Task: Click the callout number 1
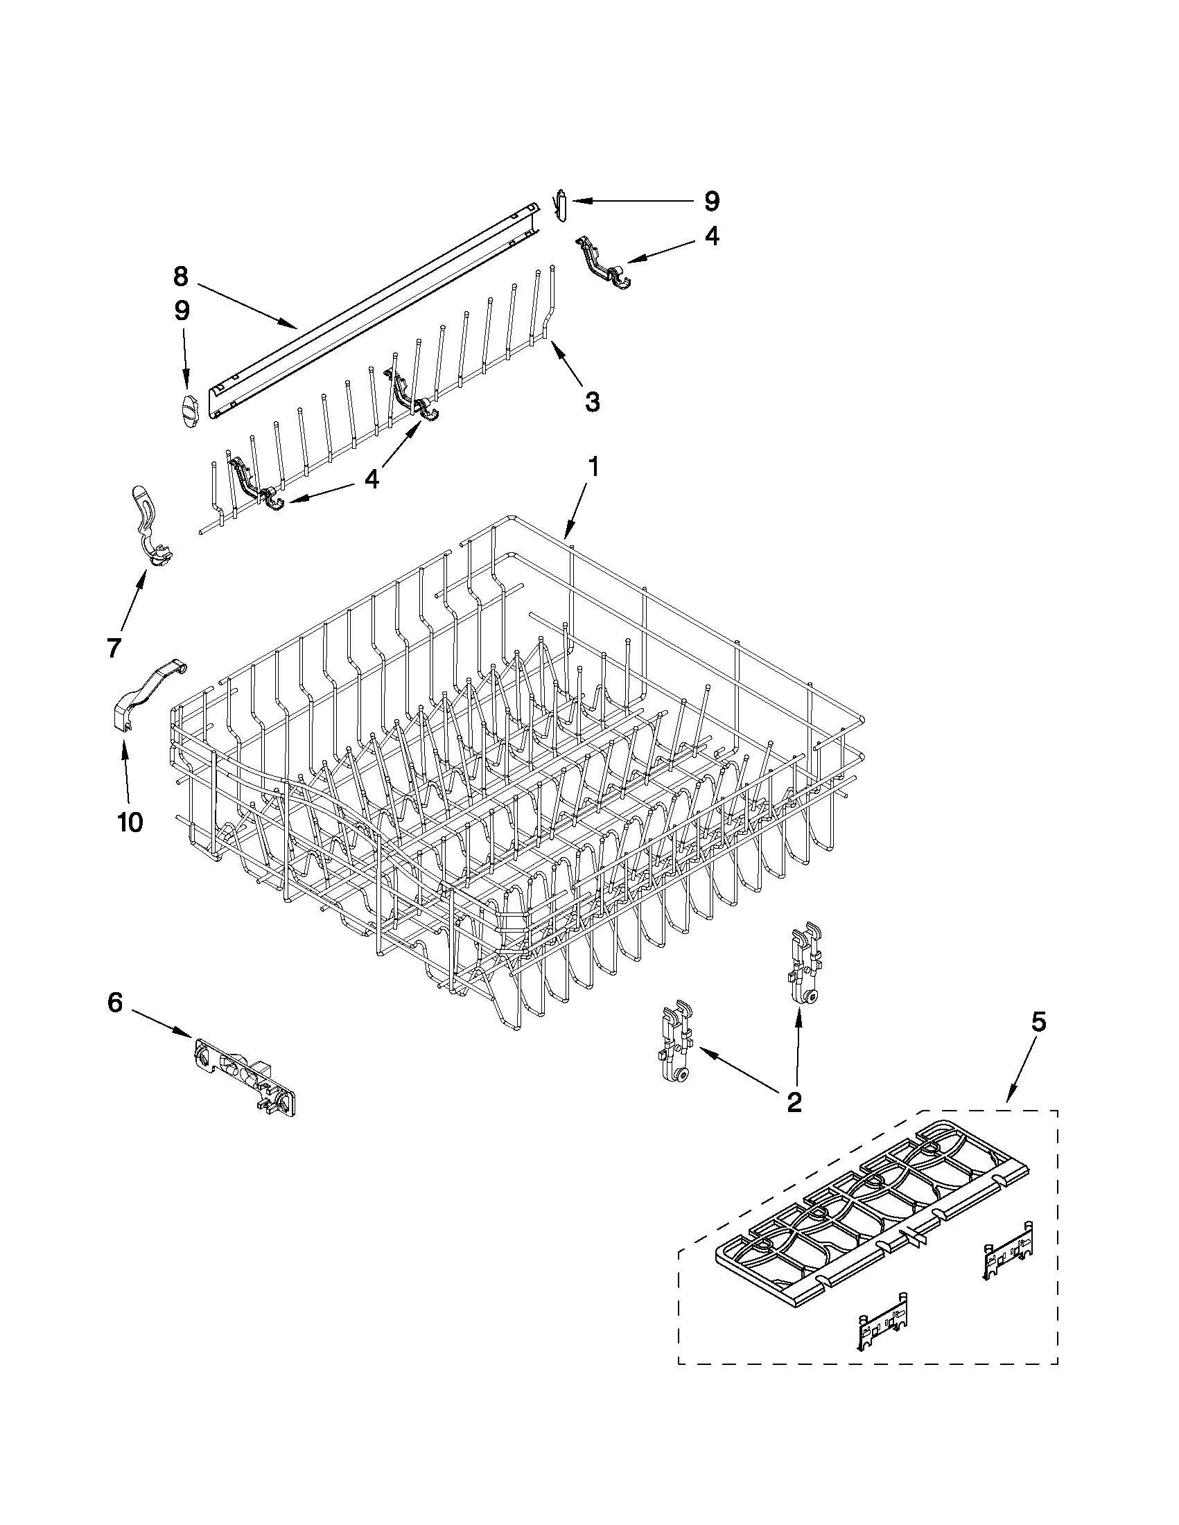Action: click(x=593, y=467)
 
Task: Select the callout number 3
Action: click(x=592, y=401)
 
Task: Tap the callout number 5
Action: click(x=1038, y=1022)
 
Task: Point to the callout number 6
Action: click(x=115, y=1003)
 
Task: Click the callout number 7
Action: click(x=114, y=646)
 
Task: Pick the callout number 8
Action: click(x=180, y=276)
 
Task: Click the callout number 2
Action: click(x=794, y=1102)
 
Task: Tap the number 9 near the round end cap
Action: click(x=182, y=310)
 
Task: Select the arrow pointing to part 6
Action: click(x=161, y=1023)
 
